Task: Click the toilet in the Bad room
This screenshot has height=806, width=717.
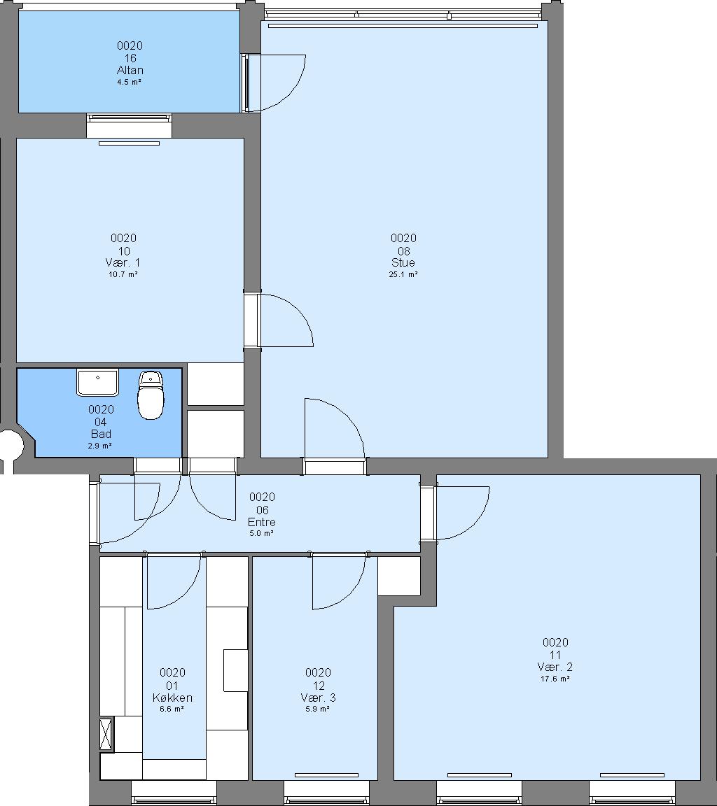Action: click(x=151, y=395)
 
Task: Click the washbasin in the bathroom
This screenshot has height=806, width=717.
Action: click(x=98, y=382)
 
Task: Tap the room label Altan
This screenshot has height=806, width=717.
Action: click(x=130, y=70)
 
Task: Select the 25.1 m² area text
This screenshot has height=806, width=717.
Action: click(x=403, y=274)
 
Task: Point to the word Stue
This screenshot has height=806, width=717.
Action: click(x=403, y=262)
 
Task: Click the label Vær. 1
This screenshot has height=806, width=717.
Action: click(x=123, y=262)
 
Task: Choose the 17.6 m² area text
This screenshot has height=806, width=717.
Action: click(x=555, y=679)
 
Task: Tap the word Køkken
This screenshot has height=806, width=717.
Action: click(x=172, y=698)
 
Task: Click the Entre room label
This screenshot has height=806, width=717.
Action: click(x=262, y=522)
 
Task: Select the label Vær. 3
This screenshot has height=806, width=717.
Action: click(x=319, y=698)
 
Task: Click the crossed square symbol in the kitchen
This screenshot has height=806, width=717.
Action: click(x=106, y=735)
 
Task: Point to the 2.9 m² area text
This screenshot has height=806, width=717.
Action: click(x=100, y=446)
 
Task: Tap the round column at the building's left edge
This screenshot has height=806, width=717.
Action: click(x=11, y=445)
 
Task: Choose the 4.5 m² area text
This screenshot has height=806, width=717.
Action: click(x=129, y=82)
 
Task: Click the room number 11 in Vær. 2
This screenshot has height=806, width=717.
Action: click(x=555, y=655)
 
